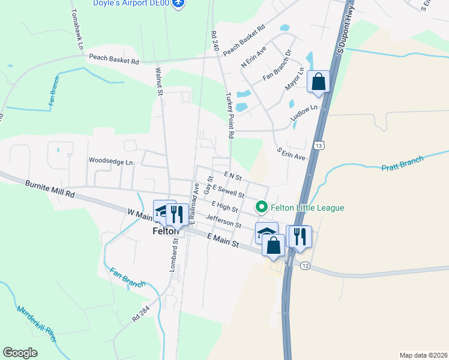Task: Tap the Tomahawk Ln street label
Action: click(76, 28)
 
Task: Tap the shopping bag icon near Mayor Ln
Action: click(318, 82)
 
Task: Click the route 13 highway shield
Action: click(319, 145)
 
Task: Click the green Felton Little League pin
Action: click(262, 208)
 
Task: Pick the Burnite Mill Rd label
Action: click(50, 190)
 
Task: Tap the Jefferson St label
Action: click(223, 221)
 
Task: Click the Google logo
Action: click(20, 353)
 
